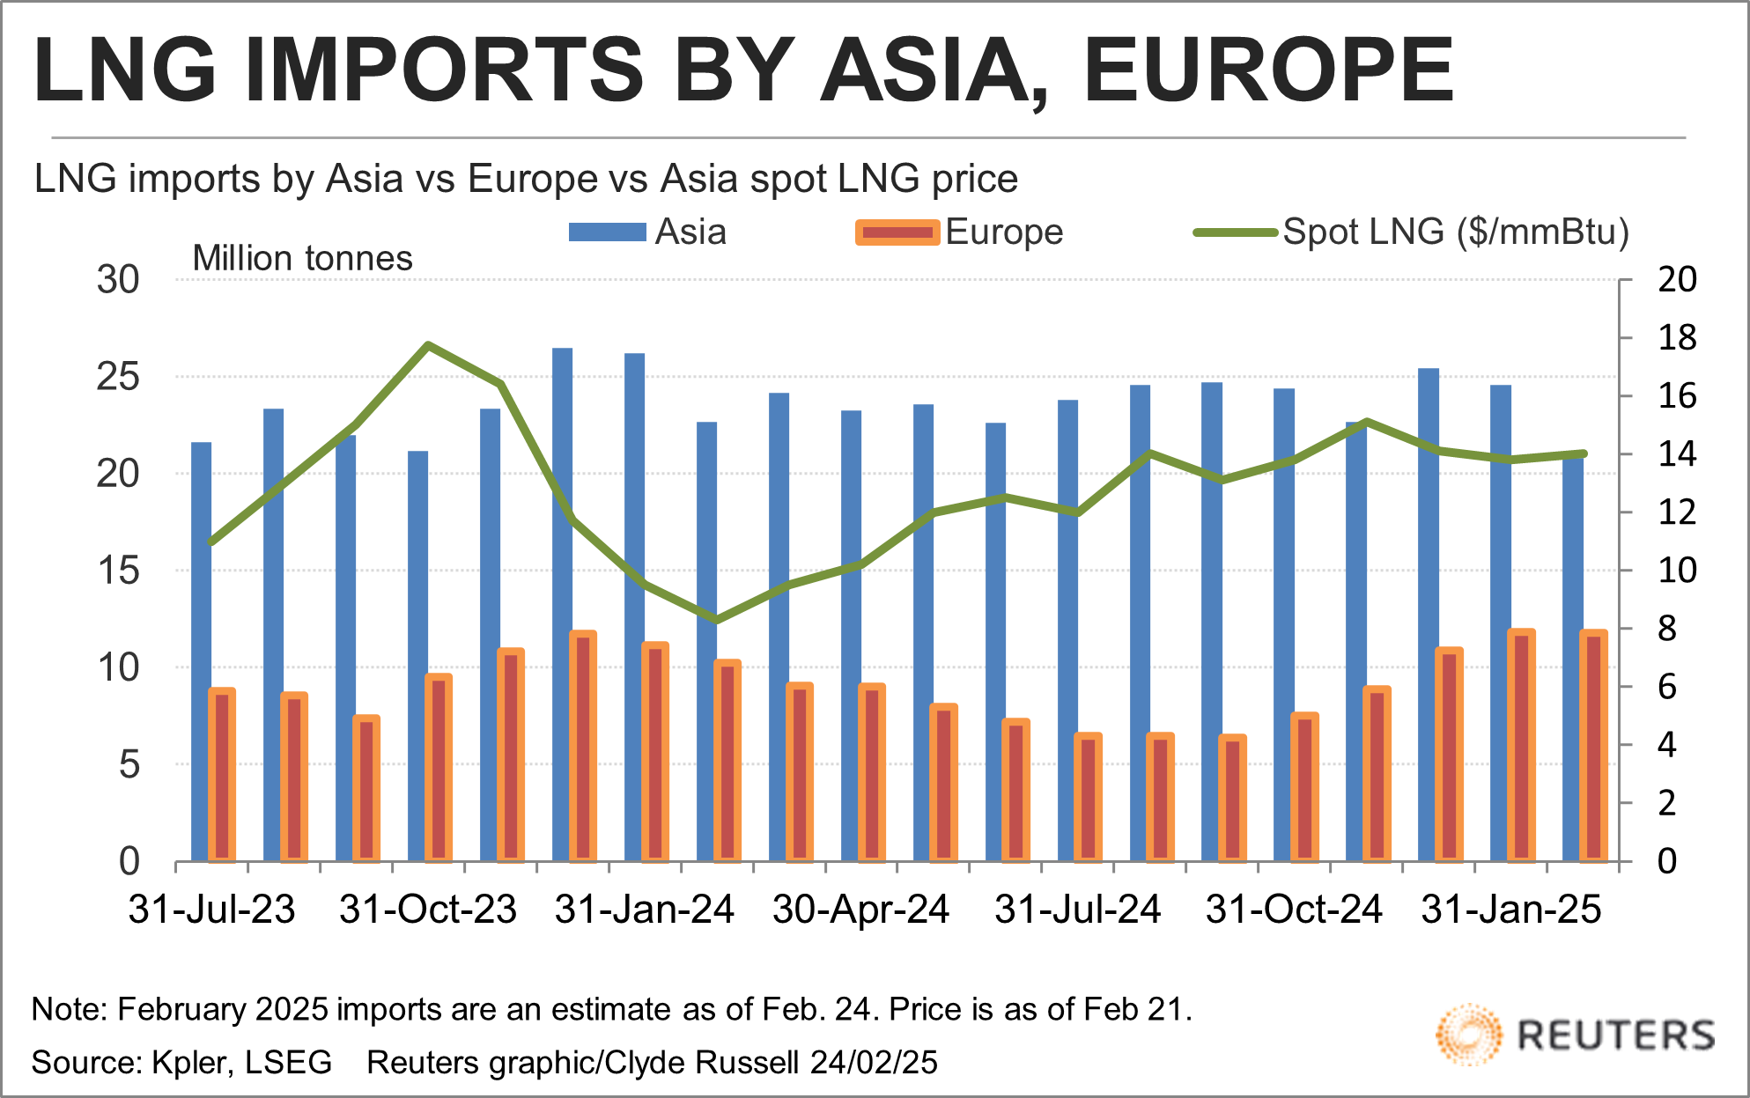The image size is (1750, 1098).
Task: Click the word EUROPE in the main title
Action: pyautogui.click(x=1268, y=70)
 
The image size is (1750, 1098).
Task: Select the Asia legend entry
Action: pyautogui.click(x=647, y=232)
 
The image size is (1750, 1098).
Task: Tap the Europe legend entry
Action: pyautogui.click(x=959, y=232)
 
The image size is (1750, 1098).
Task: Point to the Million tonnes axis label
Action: pyautogui.click(x=302, y=259)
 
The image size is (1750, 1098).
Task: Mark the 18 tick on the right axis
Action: pyautogui.click(x=1676, y=338)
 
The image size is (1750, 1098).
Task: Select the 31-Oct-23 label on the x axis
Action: pyautogui.click(x=428, y=910)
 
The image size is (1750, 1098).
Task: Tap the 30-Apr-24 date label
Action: pyautogui.click(x=861, y=910)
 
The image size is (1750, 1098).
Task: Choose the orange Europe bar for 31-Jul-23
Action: pyautogui.click(x=222, y=775)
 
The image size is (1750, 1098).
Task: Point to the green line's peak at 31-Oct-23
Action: pyautogui.click(x=428, y=345)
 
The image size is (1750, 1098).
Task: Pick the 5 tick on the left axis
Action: pyautogui.click(x=129, y=764)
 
